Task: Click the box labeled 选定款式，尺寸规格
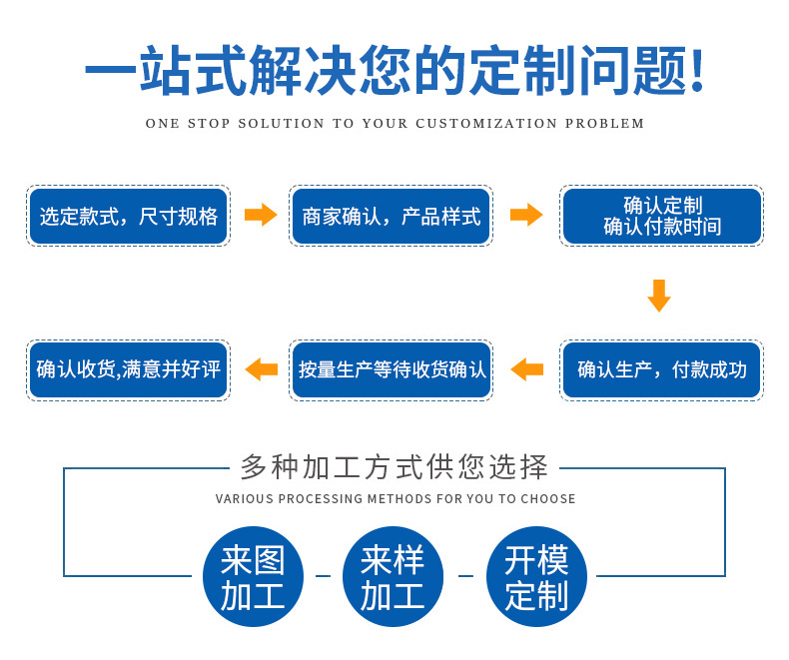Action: [x=128, y=216]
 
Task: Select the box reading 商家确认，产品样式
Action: [x=391, y=216]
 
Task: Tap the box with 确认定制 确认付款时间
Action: [x=661, y=216]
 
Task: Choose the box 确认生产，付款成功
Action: [x=661, y=369]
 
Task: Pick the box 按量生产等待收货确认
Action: [x=391, y=369]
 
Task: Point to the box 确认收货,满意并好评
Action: [x=128, y=369]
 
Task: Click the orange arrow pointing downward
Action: [x=658, y=296]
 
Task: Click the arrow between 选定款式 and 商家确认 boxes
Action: [x=261, y=215]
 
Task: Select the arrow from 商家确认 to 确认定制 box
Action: [x=526, y=215]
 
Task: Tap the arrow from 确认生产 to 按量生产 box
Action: [x=526, y=369]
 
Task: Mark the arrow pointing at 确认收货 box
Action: [x=261, y=369]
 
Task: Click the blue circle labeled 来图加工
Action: [x=253, y=576]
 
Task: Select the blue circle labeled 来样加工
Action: [x=393, y=576]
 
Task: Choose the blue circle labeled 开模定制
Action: [x=536, y=576]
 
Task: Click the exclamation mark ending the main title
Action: [x=697, y=71]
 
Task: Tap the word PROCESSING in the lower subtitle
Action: [x=320, y=498]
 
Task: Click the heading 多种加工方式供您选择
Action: [x=394, y=466]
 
